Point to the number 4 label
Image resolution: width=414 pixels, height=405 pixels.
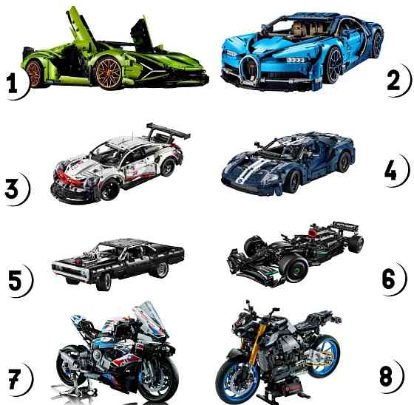[x=393, y=171]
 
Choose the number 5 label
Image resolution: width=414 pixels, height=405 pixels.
[x=14, y=281]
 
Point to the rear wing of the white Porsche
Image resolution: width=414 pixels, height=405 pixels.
[x=168, y=133]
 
